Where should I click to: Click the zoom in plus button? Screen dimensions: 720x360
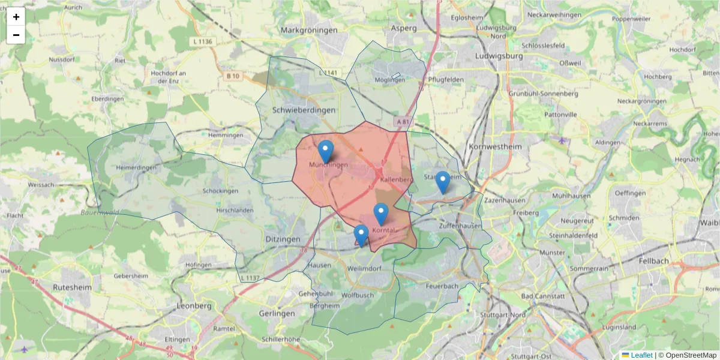[16, 17]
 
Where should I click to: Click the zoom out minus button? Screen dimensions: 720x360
[16, 35]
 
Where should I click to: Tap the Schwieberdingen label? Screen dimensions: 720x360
[304, 110]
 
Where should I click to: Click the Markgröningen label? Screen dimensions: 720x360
[307, 29]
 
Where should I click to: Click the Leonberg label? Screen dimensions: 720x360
[194, 305]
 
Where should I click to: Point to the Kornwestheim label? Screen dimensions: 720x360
[496, 146]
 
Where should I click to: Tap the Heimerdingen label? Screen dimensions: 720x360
[137, 167]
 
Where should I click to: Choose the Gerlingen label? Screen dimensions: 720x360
[277, 314]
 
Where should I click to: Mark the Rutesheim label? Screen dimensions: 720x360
[71, 287]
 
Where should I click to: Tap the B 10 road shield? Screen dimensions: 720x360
[233, 76]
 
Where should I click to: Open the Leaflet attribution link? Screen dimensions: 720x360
[641, 355]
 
